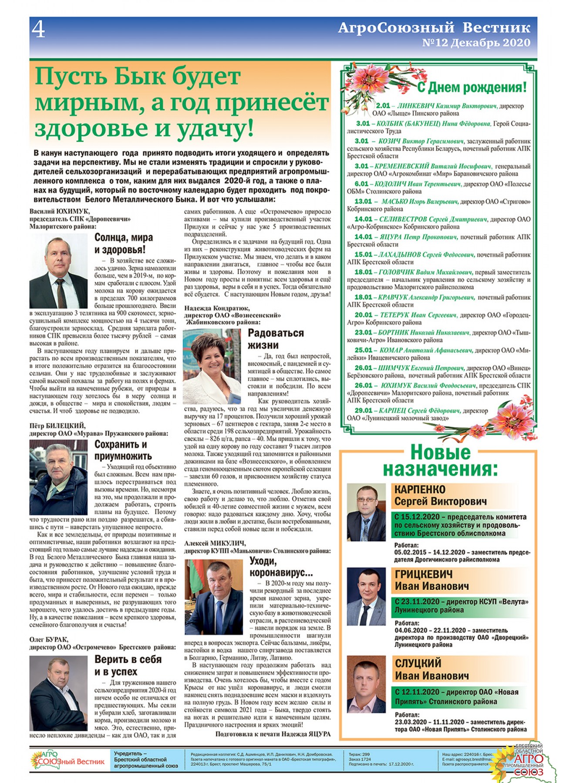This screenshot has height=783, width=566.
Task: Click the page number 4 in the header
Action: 38,30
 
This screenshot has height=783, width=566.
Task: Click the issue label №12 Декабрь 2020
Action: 476,43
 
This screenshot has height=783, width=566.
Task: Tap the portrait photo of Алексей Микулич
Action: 214,597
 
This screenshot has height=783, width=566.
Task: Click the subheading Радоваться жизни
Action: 276,339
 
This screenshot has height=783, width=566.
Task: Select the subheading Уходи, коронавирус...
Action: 281,566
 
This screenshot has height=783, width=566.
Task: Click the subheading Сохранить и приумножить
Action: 123,450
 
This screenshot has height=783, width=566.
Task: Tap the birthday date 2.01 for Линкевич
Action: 383,106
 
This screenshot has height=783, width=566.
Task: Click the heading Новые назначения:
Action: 440,461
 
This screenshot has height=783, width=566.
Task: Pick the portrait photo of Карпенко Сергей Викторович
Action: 366,512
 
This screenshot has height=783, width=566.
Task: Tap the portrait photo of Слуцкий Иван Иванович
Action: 366,684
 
